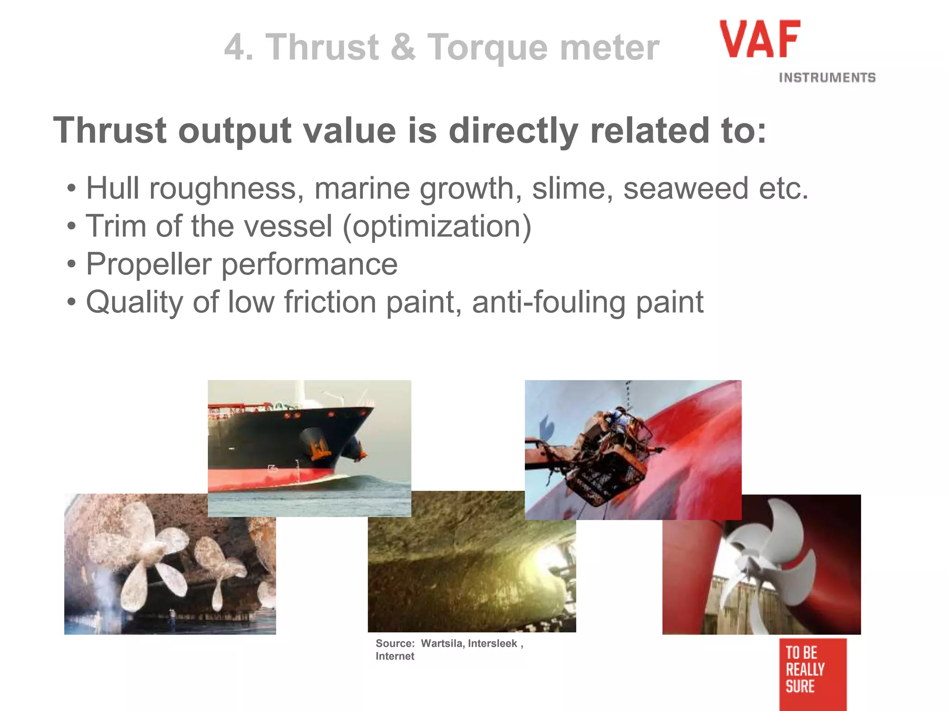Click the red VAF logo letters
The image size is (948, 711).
pos(760,39)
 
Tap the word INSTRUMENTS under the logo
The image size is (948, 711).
pos(827,78)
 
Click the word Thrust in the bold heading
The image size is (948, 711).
pos(110,131)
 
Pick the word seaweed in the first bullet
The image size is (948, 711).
pos(686,189)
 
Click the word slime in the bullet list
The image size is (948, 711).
pos(572,189)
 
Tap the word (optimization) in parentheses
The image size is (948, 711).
pos(437,227)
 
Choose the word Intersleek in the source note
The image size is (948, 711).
pos(493,643)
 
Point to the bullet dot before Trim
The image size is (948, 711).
pos(71,227)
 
